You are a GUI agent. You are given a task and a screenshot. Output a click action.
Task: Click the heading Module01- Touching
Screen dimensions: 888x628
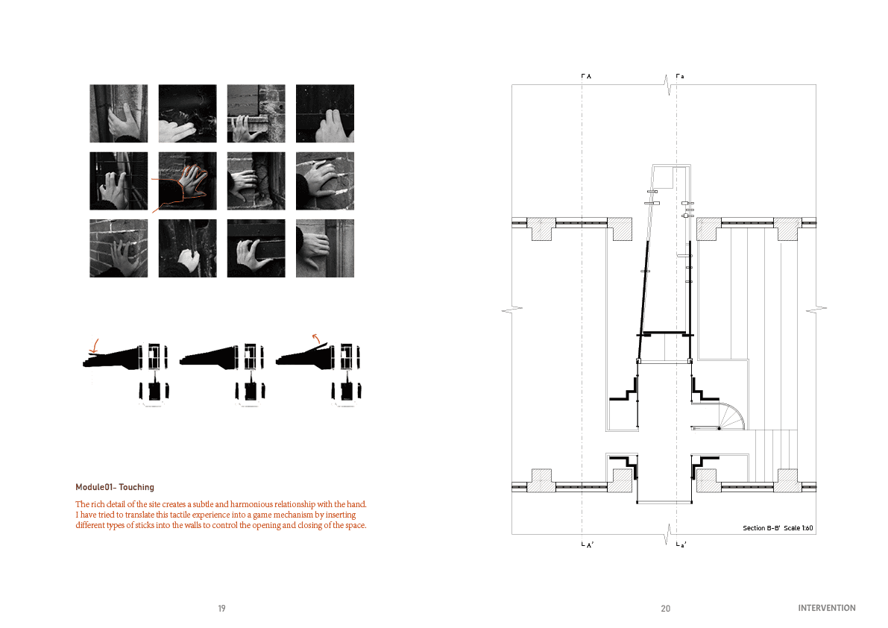[x=114, y=487]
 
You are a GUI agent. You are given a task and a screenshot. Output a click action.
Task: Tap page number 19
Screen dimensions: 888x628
[x=221, y=608]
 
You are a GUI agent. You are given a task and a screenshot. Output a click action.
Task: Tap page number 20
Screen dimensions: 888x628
[x=665, y=609]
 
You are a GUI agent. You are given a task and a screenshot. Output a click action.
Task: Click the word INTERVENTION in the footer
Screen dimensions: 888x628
[x=827, y=608]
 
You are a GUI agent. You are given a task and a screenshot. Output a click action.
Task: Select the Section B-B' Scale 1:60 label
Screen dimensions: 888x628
[x=778, y=528]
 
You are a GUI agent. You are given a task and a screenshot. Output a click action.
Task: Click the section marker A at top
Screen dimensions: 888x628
[x=587, y=76]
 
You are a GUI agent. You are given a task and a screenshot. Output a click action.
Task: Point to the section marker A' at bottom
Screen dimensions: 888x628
[x=588, y=544]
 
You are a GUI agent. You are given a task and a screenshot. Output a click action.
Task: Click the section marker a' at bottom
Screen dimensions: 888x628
[x=681, y=544]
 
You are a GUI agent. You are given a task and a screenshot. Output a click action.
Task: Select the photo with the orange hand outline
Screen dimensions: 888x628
[x=187, y=181]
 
